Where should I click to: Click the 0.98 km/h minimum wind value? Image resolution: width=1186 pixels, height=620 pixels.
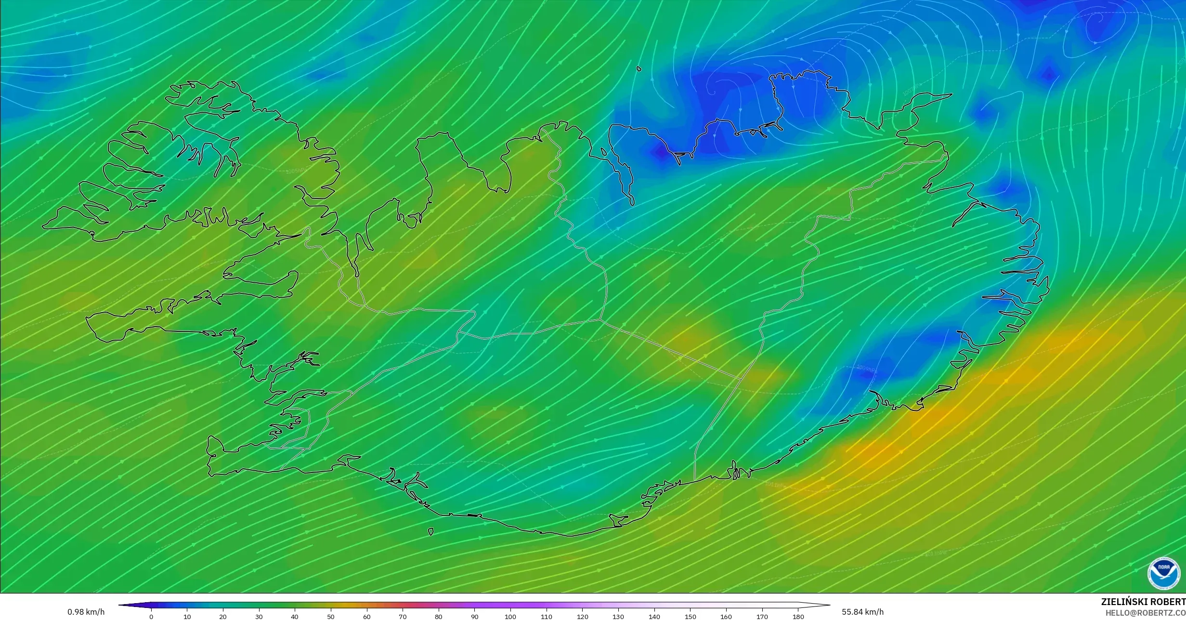[x=86, y=612]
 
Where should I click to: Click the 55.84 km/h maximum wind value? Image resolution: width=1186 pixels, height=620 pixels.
[x=862, y=612]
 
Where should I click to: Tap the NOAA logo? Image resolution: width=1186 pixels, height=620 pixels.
[x=1164, y=573]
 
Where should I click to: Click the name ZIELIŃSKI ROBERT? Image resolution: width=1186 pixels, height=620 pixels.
[x=1143, y=602]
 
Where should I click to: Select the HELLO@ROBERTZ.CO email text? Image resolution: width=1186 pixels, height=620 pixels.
[x=1145, y=613]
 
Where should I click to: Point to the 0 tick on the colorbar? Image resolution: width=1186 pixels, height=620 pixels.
[x=151, y=616]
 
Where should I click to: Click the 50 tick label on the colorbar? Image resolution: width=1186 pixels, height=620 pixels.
[x=331, y=617]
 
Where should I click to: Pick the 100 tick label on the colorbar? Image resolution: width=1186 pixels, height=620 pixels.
[x=510, y=617]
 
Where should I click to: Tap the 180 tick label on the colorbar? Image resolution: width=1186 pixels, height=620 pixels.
[x=798, y=617]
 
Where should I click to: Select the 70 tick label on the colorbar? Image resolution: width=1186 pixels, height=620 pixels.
[x=403, y=617]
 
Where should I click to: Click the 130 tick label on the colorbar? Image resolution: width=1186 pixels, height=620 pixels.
[x=618, y=617]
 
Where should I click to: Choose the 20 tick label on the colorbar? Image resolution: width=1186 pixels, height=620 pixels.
[x=223, y=617]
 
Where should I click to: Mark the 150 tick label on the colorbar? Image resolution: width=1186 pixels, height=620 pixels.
[x=690, y=617]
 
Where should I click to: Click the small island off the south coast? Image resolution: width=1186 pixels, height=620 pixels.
[x=430, y=532]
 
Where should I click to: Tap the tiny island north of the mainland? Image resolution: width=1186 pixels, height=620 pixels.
[x=639, y=69]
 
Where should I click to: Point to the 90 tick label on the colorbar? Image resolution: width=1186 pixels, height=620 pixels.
[x=474, y=617]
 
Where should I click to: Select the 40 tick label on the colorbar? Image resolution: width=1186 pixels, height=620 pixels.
[x=295, y=617]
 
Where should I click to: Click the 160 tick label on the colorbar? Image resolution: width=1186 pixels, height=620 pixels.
[x=726, y=617]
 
